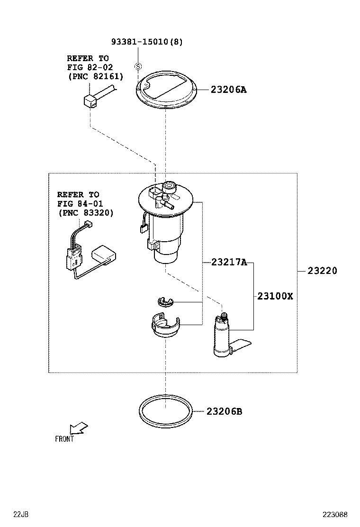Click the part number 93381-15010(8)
click(147, 42)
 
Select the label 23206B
click(224, 411)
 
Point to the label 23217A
click(229, 262)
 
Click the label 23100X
click(275, 296)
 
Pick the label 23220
click(322, 271)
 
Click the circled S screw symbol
click(137, 66)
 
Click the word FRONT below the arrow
click(64, 439)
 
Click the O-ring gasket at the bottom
click(166, 410)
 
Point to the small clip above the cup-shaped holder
click(165, 302)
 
